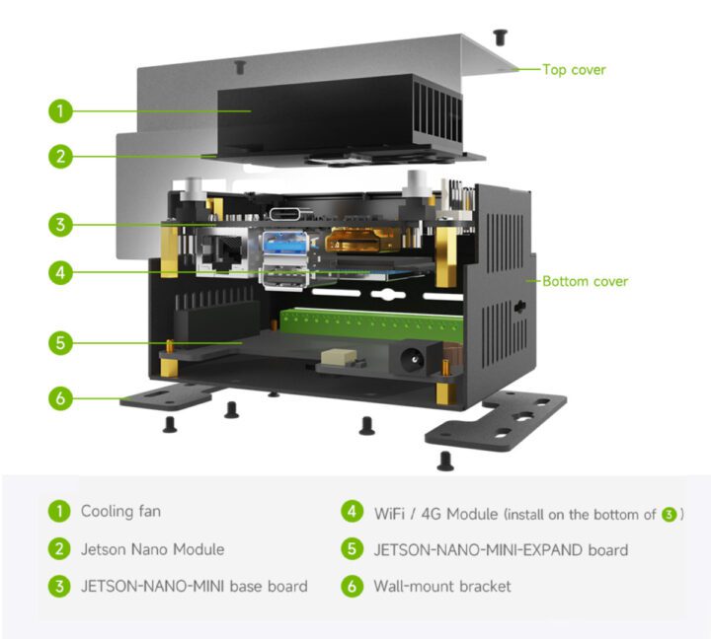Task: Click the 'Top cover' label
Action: (574, 70)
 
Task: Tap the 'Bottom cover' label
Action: (585, 281)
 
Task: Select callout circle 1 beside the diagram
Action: (61, 110)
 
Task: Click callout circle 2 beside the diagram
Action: (61, 156)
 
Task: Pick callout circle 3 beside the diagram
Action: (61, 225)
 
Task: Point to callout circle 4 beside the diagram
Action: (61, 272)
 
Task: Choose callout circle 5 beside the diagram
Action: (61, 343)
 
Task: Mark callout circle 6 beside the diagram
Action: (61, 398)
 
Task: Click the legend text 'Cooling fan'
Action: (120, 511)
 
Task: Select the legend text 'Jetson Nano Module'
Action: (152, 549)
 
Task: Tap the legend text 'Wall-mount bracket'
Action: (442, 586)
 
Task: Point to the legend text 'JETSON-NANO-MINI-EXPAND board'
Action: (501, 549)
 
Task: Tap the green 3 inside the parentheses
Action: (670, 515)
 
